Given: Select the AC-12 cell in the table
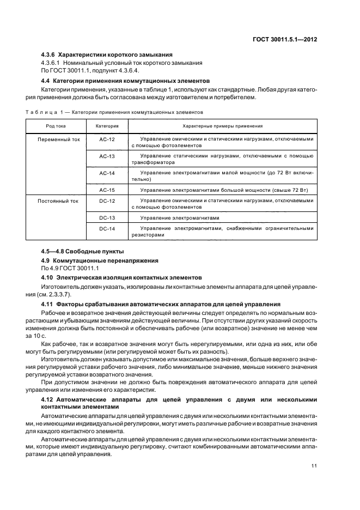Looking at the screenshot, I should pos(107,139).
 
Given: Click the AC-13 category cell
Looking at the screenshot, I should pos(107,156).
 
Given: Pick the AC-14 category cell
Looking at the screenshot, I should pos(107,173).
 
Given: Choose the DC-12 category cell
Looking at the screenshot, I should pos(107,201).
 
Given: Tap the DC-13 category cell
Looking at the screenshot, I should pos(107,217).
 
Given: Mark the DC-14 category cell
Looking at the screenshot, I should pos(107,229).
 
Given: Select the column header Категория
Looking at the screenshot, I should pos(107,126).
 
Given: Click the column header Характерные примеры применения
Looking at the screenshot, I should pos(223,126).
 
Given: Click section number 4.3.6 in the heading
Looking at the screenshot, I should pos(48,54).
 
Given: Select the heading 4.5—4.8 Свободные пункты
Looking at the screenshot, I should pos(82,252).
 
